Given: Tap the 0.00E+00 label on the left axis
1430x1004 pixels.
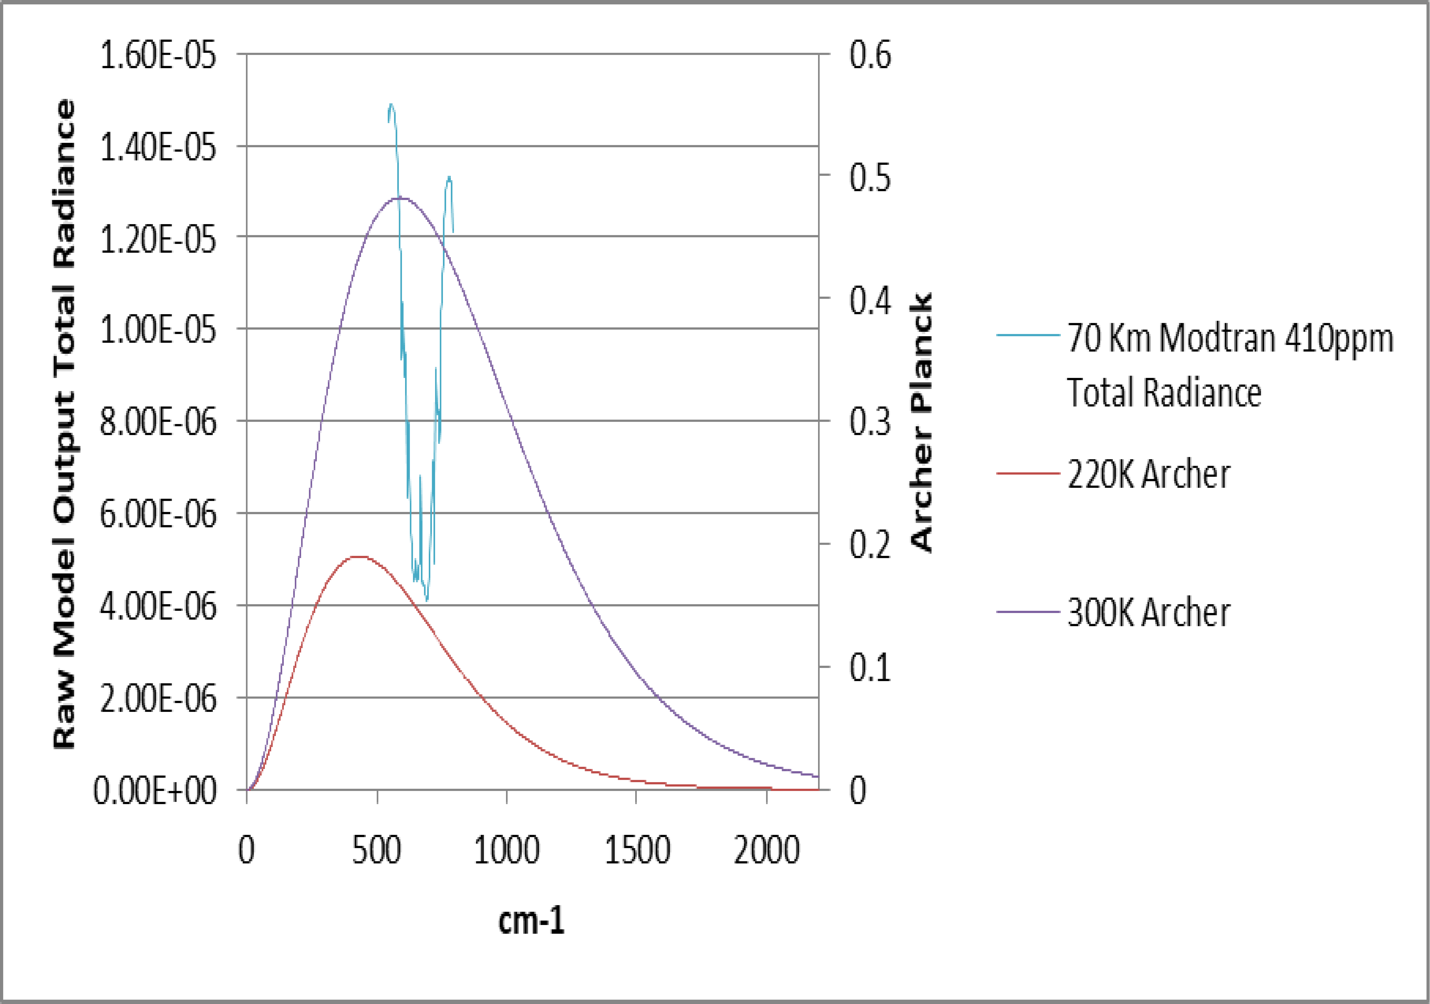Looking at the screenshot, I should tap(154, 791).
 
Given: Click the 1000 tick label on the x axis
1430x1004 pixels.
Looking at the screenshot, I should tap(506, 850).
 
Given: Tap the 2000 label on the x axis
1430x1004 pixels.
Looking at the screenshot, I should tap(766, 850).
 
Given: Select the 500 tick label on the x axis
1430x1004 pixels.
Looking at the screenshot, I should tap(376, 850).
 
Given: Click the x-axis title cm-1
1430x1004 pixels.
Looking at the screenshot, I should tap(531, 921).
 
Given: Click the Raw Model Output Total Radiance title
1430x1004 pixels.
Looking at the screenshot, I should tap(64, 424).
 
